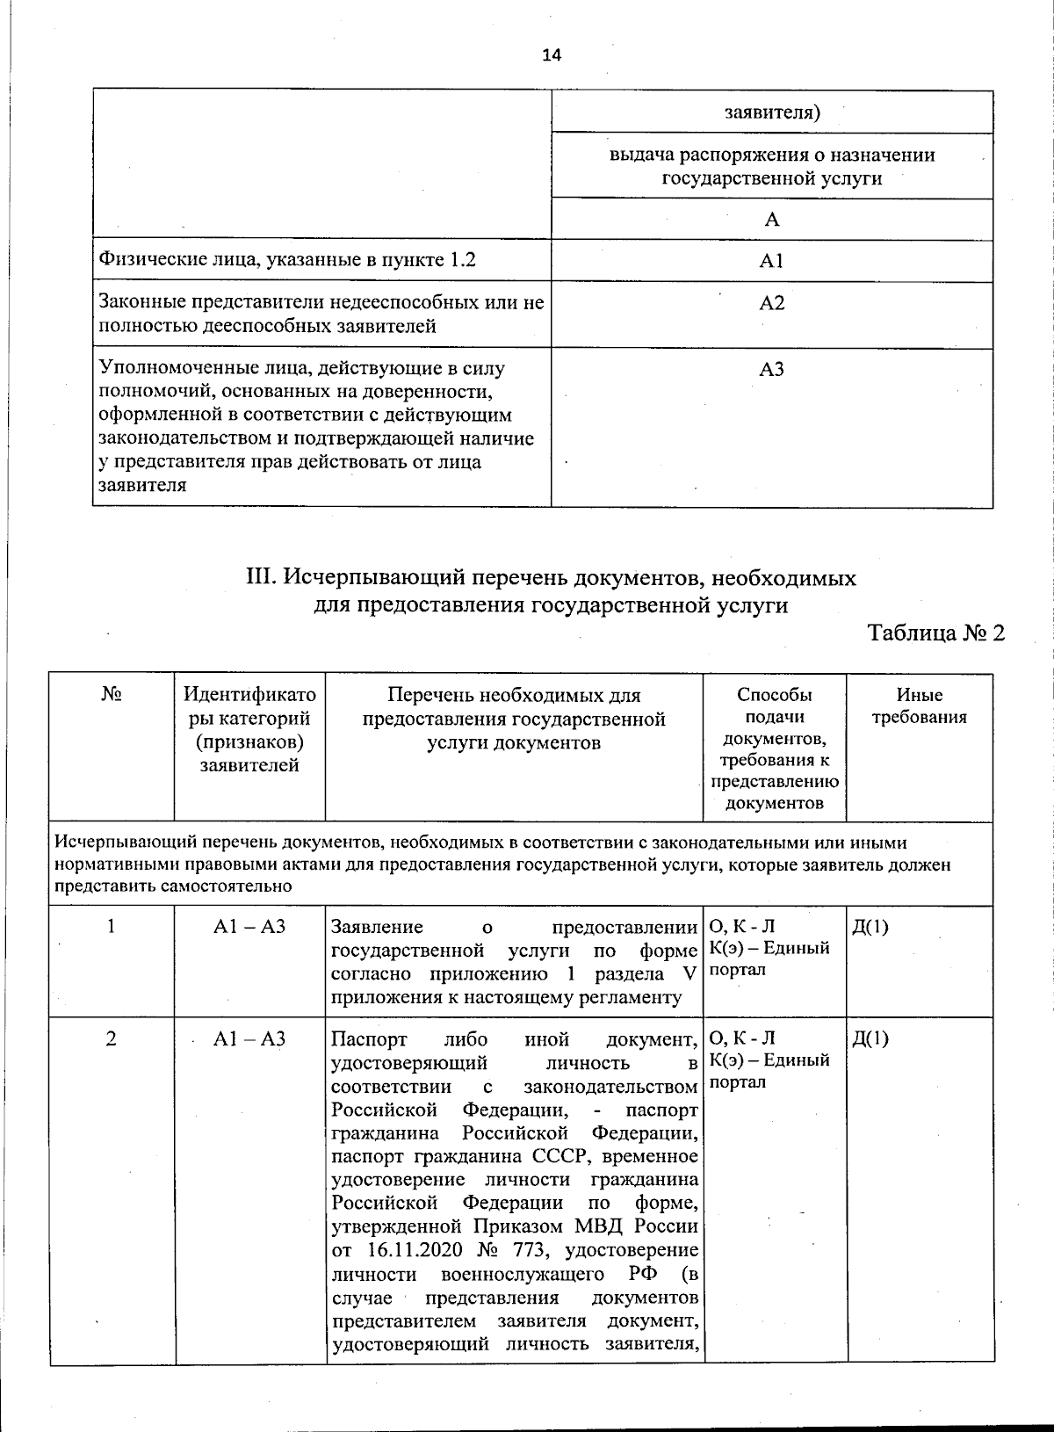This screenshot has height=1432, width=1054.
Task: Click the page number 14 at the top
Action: pos(551,55)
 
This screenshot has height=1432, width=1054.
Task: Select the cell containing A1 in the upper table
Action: pos(771,261)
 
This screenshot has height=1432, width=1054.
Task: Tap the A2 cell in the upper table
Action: pos(771,303)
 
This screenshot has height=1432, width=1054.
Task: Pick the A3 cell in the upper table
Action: pos(771,370)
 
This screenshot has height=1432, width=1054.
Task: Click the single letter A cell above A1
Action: pos(771,220)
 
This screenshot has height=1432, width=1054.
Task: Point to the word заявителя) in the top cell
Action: pos(772,112)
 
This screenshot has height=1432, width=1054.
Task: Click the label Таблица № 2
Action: pos(935,633)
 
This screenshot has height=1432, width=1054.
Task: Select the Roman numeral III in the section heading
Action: pos(261,578)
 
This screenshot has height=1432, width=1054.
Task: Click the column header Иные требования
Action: pos(919,706)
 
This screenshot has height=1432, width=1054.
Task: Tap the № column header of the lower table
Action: pos(111,694)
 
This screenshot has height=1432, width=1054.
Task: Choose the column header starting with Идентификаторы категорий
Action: pos(249,729)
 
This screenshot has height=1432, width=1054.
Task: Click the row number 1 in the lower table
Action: pos(111,926)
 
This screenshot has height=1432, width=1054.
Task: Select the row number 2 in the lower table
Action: pos(111,1038)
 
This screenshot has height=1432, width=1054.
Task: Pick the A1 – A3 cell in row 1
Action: pos(249,926)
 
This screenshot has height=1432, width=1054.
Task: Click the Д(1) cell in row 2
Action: pos(870,1038)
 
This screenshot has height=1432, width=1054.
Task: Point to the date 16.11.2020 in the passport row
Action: pos(403,1249)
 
